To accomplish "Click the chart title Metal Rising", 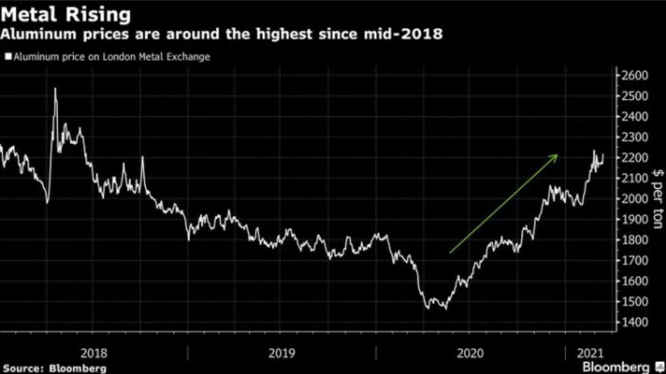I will click(66, 14).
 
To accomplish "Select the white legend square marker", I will click(8, 57).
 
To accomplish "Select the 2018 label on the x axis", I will click(94, 353).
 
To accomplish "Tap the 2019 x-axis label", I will click(281, 353).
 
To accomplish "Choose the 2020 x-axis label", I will click(470, 353).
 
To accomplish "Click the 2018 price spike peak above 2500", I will click(55, 89).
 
